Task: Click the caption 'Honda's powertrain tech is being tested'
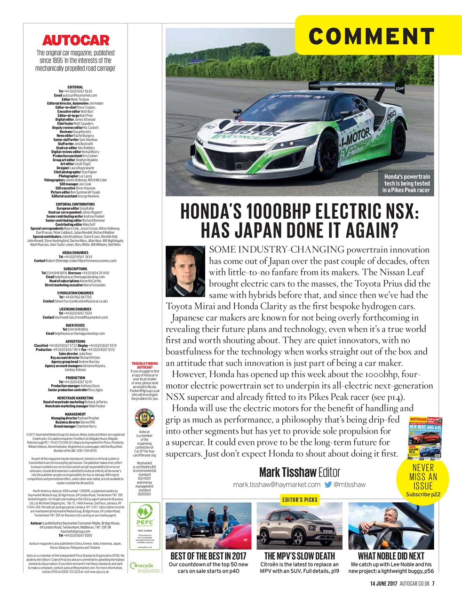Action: pos(406,183)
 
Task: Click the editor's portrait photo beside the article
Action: pos(185,269)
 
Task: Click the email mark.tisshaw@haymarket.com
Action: pos(277,484)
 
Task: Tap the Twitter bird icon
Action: pos(328,484)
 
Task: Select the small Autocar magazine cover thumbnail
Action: pos(425,438)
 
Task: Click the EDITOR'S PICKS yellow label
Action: pos(300,499)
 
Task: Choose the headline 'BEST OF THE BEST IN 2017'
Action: pos(208,556)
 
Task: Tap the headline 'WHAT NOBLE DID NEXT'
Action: pos(391,556)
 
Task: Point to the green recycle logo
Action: pos(144,566)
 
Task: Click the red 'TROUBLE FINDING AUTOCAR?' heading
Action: pos(145,365)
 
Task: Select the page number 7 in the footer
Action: pos(433,584)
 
